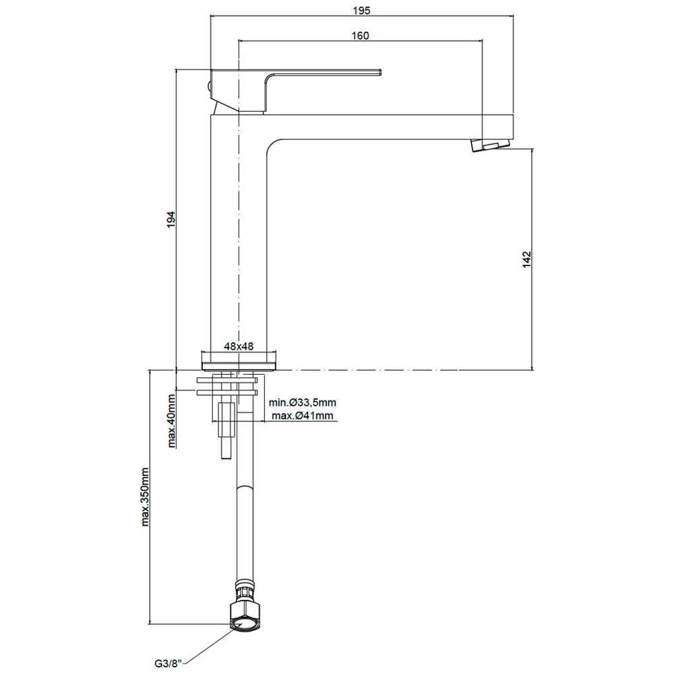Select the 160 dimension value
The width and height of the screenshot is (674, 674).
pyautogui.click(x=360, y=36)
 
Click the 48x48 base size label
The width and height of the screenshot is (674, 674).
pyautogui.click(x=239, y=346)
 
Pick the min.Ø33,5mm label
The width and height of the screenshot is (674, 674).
pyautogui.click(x=300, y=402)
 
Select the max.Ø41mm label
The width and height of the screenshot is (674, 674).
pyautogui.click(x=303, y=415)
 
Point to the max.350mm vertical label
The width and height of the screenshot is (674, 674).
pyautogui.click(x=145, y=496)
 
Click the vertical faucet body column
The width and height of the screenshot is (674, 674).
pyautogui.click(x=239, y=236)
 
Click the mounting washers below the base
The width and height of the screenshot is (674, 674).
pyautogui.click(x=227, y=385)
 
